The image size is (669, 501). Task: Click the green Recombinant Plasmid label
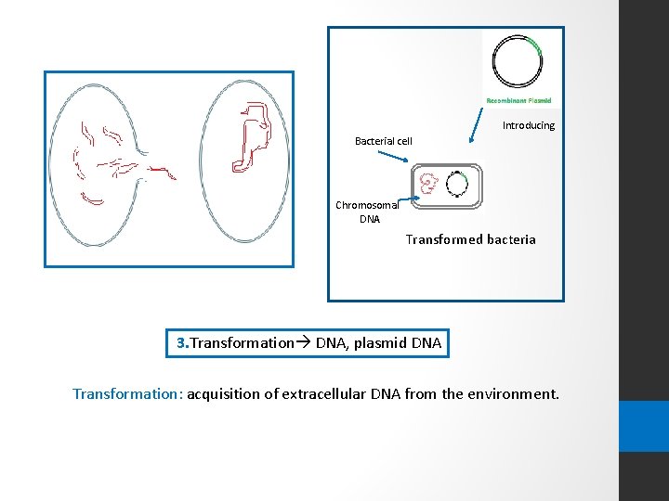pos(518,100)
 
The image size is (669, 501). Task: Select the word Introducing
pos(528,125)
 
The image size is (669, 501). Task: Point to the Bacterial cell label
pos(383,141)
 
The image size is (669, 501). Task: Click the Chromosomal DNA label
pos(366,212)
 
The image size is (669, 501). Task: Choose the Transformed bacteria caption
pos(470,239)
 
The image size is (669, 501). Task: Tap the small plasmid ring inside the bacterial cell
pos(456,184)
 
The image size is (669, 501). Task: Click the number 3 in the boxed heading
pos(181,343)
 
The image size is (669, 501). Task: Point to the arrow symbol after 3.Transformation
pos(303,343)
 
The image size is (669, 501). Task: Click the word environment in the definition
pos(510,393)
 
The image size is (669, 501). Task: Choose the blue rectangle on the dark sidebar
pos(644,426)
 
